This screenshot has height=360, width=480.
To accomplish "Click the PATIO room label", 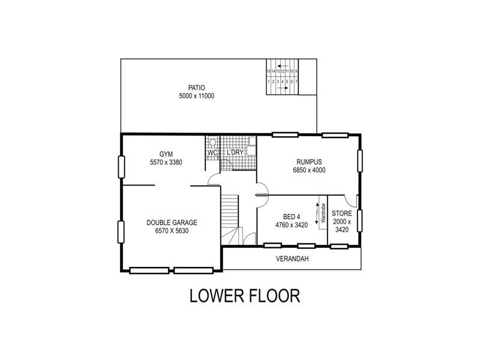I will click(x=196, y=88).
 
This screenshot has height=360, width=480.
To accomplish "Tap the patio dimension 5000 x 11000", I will click(x=196, y=96).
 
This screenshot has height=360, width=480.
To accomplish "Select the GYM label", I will click(x=166, y=154).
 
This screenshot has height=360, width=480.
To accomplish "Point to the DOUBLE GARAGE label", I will click(x=172, y=223).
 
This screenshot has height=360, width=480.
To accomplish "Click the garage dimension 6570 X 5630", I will click(x=172, y=231).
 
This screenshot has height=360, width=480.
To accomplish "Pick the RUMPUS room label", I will click(x=310, y=161).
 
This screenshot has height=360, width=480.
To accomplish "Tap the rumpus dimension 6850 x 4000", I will click(x=310, y=170).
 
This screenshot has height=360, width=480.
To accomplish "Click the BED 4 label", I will click(x=291, y=217).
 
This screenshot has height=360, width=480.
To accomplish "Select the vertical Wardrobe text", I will click(x=323, y=214).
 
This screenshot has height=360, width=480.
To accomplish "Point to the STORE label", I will click(x=342, y=214).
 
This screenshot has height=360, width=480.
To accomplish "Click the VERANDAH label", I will click(x=292, y=259).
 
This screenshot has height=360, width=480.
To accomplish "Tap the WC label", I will click(x=212, y=153).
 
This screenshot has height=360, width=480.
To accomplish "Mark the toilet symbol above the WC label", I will click(x=212, y=143).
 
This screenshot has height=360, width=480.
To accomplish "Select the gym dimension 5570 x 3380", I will click(x=166, y=163).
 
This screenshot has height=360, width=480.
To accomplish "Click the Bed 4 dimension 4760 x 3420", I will click(x=291, y=225).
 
